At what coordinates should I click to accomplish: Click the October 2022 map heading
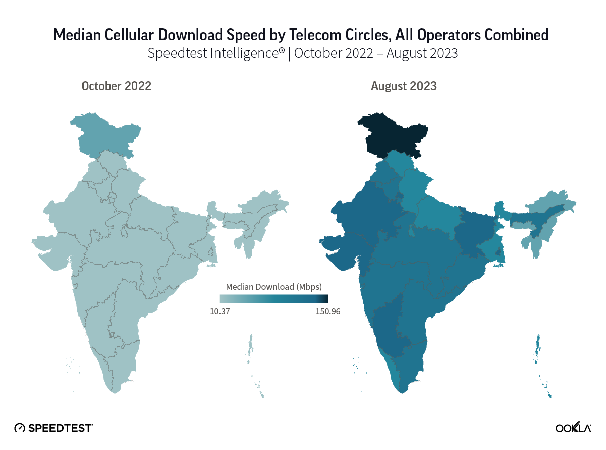[x=117, y=86]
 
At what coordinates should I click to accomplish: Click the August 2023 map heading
[x=404, y=86]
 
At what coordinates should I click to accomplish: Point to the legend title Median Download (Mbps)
[x=273, y=287]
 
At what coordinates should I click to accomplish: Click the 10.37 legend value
[x=220, y=311]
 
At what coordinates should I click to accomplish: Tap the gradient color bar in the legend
[x=273, y=299]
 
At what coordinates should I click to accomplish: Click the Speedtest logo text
[x=60, y=428]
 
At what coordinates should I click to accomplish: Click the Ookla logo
[x=573, y=428]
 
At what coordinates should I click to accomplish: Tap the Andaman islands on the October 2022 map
[x=250, y=348]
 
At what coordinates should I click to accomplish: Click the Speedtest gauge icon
[x=20, y=428]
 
